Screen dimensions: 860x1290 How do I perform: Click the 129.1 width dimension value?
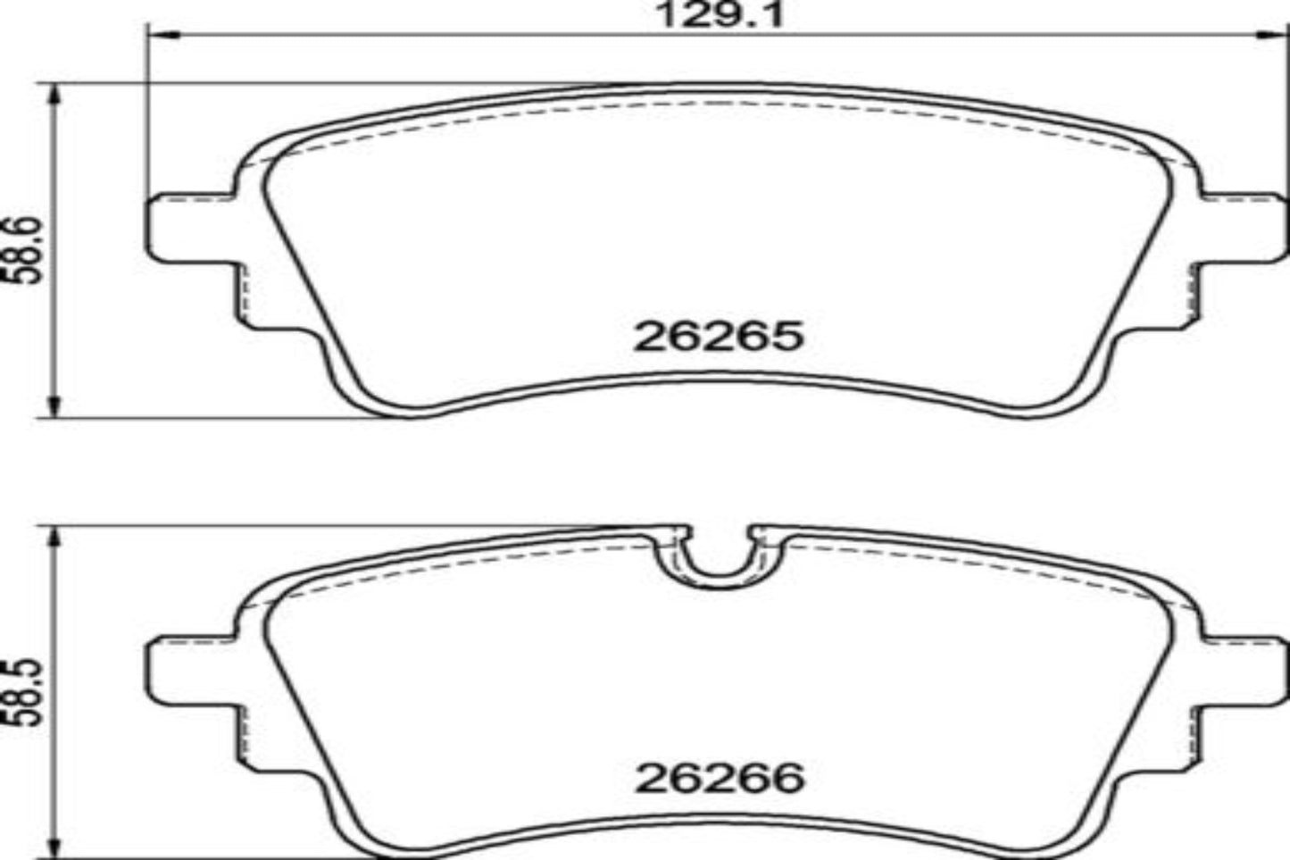pyautogui.click(x=719, y=15)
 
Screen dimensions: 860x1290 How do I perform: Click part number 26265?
pyautogui.click(x=719, y=337)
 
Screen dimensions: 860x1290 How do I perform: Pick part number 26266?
pyautogui.click(x=720, y=779)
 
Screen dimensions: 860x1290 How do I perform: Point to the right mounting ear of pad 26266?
pyautogui.click(x=1241, y=670)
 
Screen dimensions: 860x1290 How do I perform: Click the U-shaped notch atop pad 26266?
pyautogui.click(x=719, y=558)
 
